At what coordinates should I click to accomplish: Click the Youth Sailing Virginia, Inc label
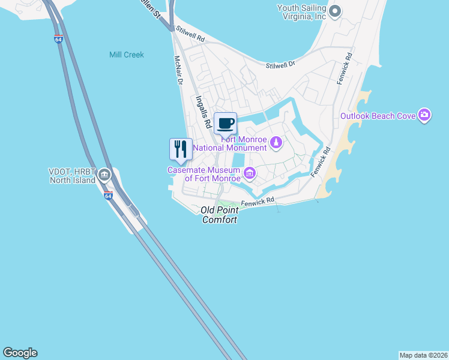301,12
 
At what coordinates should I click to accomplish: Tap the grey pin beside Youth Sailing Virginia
335,11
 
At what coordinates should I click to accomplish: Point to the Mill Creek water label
127,55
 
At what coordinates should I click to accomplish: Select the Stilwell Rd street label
191,35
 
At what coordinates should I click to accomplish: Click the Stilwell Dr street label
280,62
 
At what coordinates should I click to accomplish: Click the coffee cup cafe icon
225,124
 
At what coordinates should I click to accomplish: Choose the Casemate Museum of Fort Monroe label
204,174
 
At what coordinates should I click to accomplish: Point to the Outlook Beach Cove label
378,116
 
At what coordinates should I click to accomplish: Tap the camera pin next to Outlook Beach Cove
424,115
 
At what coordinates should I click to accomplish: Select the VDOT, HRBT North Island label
73,176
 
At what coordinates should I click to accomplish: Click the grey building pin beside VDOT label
104,175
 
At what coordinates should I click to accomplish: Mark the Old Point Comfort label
219,215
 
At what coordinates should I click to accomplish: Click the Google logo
20,353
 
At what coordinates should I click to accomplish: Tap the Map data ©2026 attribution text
423,355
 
